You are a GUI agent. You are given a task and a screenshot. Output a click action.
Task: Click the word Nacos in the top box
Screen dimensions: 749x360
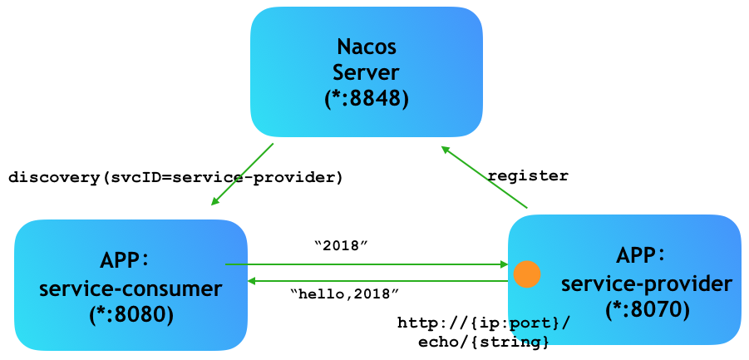367,47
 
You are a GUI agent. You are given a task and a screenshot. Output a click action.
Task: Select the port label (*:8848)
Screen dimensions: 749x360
367,100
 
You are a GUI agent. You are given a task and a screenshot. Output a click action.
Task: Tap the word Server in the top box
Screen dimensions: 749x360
366,73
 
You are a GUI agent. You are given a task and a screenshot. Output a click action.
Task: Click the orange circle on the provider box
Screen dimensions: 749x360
526,274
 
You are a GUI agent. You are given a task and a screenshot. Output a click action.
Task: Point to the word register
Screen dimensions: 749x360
528,175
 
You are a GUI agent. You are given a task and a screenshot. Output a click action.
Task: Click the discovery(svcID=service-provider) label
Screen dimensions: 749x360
175,178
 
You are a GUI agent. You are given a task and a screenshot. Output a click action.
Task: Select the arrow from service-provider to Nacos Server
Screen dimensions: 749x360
484,177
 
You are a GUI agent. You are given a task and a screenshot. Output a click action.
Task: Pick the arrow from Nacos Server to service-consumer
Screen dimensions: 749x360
242,175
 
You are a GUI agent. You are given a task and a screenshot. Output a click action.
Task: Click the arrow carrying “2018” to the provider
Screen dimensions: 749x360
367,264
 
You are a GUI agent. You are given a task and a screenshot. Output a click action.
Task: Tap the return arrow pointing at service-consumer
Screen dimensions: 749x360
377,281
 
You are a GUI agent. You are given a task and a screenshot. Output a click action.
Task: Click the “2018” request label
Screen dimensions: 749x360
342,245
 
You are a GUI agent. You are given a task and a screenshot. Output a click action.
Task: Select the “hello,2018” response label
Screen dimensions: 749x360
344,293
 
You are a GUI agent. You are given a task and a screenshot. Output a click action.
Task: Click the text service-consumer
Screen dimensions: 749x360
131,288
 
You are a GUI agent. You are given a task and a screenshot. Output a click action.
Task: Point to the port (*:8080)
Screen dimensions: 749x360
131,314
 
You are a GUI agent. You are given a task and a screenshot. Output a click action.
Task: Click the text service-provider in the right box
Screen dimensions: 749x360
646,284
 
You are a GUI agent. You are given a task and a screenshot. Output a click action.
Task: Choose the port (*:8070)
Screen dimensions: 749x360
648,310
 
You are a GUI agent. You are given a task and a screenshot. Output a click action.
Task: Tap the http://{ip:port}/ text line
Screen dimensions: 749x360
484,323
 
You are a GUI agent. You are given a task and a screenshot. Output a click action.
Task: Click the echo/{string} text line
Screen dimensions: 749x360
483,343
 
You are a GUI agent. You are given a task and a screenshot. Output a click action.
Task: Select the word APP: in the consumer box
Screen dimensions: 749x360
125,261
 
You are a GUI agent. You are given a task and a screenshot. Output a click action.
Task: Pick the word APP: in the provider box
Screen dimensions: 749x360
641,255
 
